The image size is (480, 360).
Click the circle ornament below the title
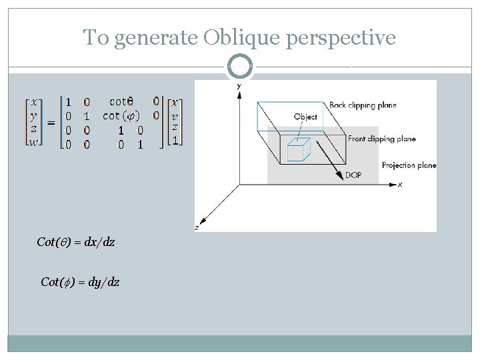click(x=240, y=67)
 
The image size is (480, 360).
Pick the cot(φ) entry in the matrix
click(x=121, y=115)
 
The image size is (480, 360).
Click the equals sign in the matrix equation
click(x=50, y=123)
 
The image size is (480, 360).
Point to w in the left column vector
click(x=33, y=141)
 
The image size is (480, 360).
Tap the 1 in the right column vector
click(x=175, y=140)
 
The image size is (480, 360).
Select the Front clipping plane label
click(x=382, y=139)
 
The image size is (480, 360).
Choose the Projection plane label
click(x=409, y=165)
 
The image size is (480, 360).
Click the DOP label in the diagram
click(x=353, y=176)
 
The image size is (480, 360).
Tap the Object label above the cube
click(x=305, y=117)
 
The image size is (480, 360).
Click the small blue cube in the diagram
click(x=297, y=150)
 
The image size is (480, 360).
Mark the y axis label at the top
click(x=239, y=86)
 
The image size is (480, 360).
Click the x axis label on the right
click(x=399, y=185)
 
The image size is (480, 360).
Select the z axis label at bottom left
click(x=197, y=227)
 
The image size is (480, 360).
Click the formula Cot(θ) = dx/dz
click(x=75, y=242)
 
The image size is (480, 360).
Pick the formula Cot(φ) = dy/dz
click(x=80, y=282)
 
